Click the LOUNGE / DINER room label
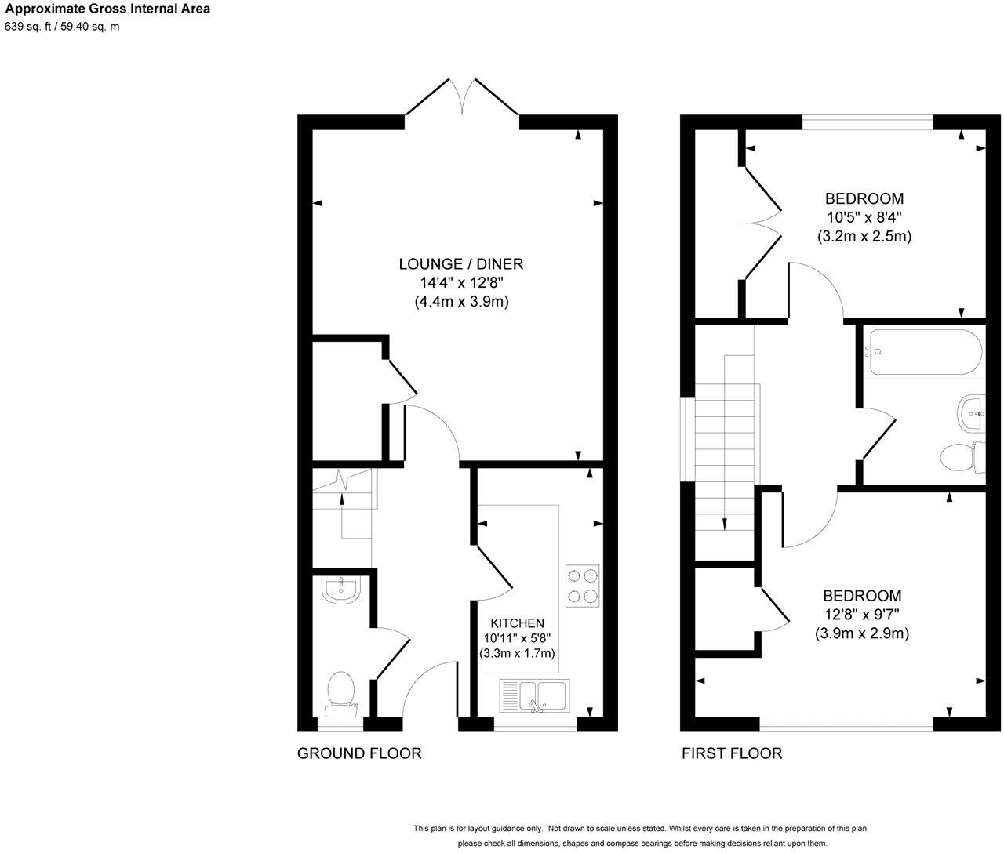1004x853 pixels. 461,264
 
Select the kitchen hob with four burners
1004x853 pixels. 583,586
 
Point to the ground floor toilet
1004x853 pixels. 341,694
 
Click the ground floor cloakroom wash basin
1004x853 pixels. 340,590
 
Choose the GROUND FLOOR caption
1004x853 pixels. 359,753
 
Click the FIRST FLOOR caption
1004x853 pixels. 731,753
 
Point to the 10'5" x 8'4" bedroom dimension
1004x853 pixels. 863,217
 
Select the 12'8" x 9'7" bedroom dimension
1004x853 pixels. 861,615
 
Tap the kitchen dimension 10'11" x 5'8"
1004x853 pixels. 517,637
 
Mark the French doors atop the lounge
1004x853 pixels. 463,98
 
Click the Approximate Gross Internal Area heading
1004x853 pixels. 107,10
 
